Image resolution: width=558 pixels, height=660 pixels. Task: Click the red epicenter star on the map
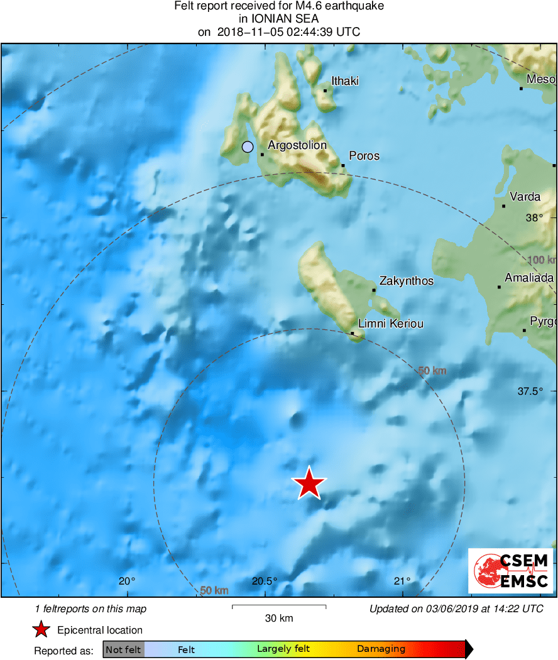pyautogui.click(x=309, y=484)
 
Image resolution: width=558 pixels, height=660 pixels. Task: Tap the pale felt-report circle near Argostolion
pyautogui.click(x=248, y=147)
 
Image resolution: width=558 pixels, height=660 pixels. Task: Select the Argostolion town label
pyautogui.click(x=297, y=145)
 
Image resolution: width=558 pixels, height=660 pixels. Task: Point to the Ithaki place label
pyautogui.click(x=345, y=81)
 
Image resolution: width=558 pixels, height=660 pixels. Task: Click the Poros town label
pyautogui.click(x=364, y=156)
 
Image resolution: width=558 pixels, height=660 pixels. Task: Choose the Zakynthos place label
pyautogui.click(x=407, y=281)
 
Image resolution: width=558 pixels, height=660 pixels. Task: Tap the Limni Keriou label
pyautogui.click(x=390, y=324)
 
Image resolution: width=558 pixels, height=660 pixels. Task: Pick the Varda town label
pyautogui.click(x=525, y=197)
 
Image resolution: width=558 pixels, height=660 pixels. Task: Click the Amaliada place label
pyautogui.click(x=530, y=278)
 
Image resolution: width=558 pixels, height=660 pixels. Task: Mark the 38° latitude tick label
pyautogui.click(x=534, y=218)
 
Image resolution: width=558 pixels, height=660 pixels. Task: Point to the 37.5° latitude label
pyautogui.click(x=529, y=391)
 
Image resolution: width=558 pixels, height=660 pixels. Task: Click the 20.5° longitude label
pyautogui.click(x=265, y=581)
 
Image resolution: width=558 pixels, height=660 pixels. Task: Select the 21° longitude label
pyautogui.click(x=403, y=581)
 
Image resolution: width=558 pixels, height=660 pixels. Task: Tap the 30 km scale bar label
pyautogui.click(x=279, y=619)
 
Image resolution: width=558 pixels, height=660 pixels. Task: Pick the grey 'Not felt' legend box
pyautogui.click(x=123, y=649)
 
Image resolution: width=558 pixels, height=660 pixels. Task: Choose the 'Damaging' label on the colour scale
pyautogui.click(x=381, y=649)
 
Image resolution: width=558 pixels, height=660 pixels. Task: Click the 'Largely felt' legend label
pyautogui.click(x=281, y=649)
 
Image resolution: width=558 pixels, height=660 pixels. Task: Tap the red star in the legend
pyautogui.click(x=41, y=629)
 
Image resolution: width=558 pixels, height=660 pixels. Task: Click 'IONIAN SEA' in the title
pyautogui.click(x=279, y=19)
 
